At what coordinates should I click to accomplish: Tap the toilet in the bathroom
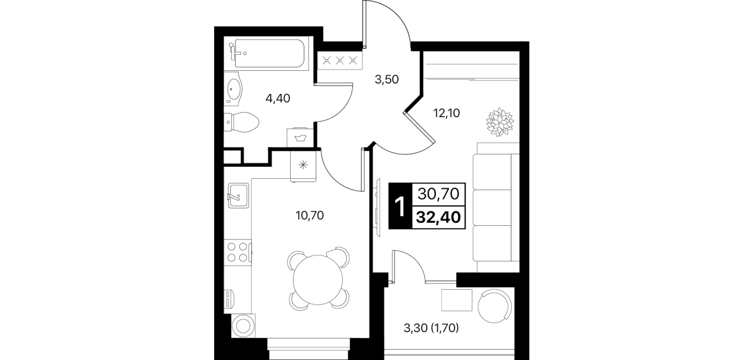(x=241, y=122)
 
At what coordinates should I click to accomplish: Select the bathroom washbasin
(x=234, y=89)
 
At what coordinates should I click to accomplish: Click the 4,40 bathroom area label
(x=278, y=98)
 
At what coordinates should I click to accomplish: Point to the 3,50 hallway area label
(x=387, y=79)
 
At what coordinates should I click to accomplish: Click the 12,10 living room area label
(x=447, y=113)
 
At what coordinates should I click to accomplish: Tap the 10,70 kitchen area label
(x=310, y=215)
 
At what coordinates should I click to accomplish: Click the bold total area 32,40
(x=439, y=217)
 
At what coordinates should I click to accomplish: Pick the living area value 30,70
(x=439, y=194)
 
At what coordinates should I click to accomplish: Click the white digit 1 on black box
(x=401, y=206)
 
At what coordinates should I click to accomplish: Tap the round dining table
(x=318, y=279)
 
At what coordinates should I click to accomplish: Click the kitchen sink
(x=238, y=196)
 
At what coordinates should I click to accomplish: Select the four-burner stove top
(x=238, y=252)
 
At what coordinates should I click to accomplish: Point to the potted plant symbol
(x=500, y=122)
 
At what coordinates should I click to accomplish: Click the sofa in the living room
(x=496, y=207)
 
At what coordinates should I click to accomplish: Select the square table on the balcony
(x=457, y=300)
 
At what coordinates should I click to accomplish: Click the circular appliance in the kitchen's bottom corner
(x=244, y=326)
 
